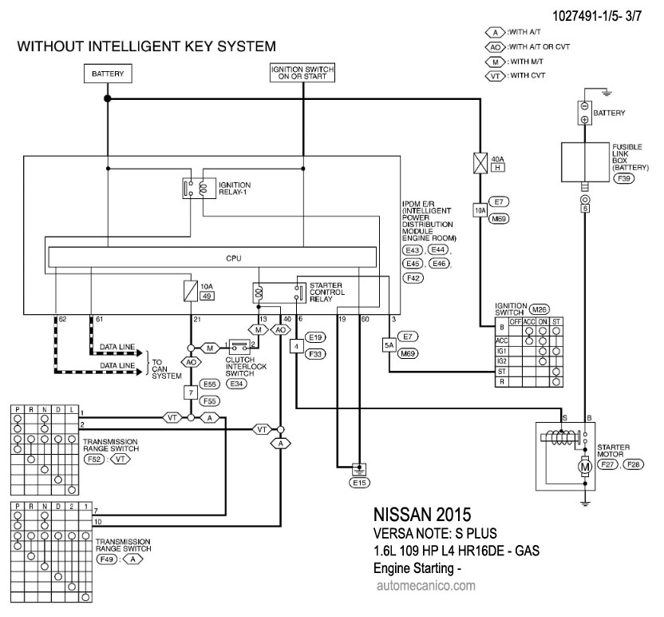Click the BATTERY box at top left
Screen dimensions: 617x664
click(107, 74)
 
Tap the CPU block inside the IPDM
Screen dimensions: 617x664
click(211, 258)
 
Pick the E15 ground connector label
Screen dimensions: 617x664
click(360, 482)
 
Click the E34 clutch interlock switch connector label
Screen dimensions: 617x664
click(237, 384)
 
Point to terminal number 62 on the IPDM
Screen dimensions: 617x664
click(61, 320)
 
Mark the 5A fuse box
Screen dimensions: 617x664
click(389, 346)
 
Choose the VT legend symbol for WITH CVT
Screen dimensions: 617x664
click(495, 76)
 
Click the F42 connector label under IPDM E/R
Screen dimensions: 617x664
click(413, 278)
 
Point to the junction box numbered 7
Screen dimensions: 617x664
click(191, 392)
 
